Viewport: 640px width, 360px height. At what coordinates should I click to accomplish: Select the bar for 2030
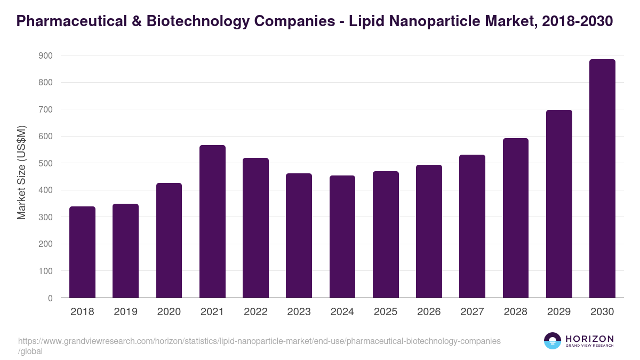pos(602,179)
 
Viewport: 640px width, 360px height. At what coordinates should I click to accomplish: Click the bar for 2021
pos(212,221)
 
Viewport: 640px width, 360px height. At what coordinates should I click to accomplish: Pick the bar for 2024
pos(342,237)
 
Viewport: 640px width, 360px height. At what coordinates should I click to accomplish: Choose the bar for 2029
pos(559,204)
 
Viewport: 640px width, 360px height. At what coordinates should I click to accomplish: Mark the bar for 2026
pos(429,231)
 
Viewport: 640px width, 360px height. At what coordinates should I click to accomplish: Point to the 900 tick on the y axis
pos(46,55)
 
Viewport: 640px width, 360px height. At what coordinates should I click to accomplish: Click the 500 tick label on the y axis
pos(46,163)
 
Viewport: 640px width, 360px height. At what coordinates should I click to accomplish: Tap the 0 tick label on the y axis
pos(50,298)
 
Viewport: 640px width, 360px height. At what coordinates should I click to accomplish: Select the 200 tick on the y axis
pos(46,244)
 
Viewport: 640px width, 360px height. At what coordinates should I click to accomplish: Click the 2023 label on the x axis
pos(299,312)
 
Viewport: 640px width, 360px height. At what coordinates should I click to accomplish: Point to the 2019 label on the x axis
pos(125,312)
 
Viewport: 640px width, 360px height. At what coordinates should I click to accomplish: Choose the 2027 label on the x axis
pos(472,312)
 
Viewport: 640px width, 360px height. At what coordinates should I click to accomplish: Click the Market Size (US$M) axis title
pos(21,172)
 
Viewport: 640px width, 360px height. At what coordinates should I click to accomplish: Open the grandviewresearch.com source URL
pos(259,341)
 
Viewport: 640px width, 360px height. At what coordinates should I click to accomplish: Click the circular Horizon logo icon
pos(553,341)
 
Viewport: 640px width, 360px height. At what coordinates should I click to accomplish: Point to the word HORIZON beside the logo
pos(589,338)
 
